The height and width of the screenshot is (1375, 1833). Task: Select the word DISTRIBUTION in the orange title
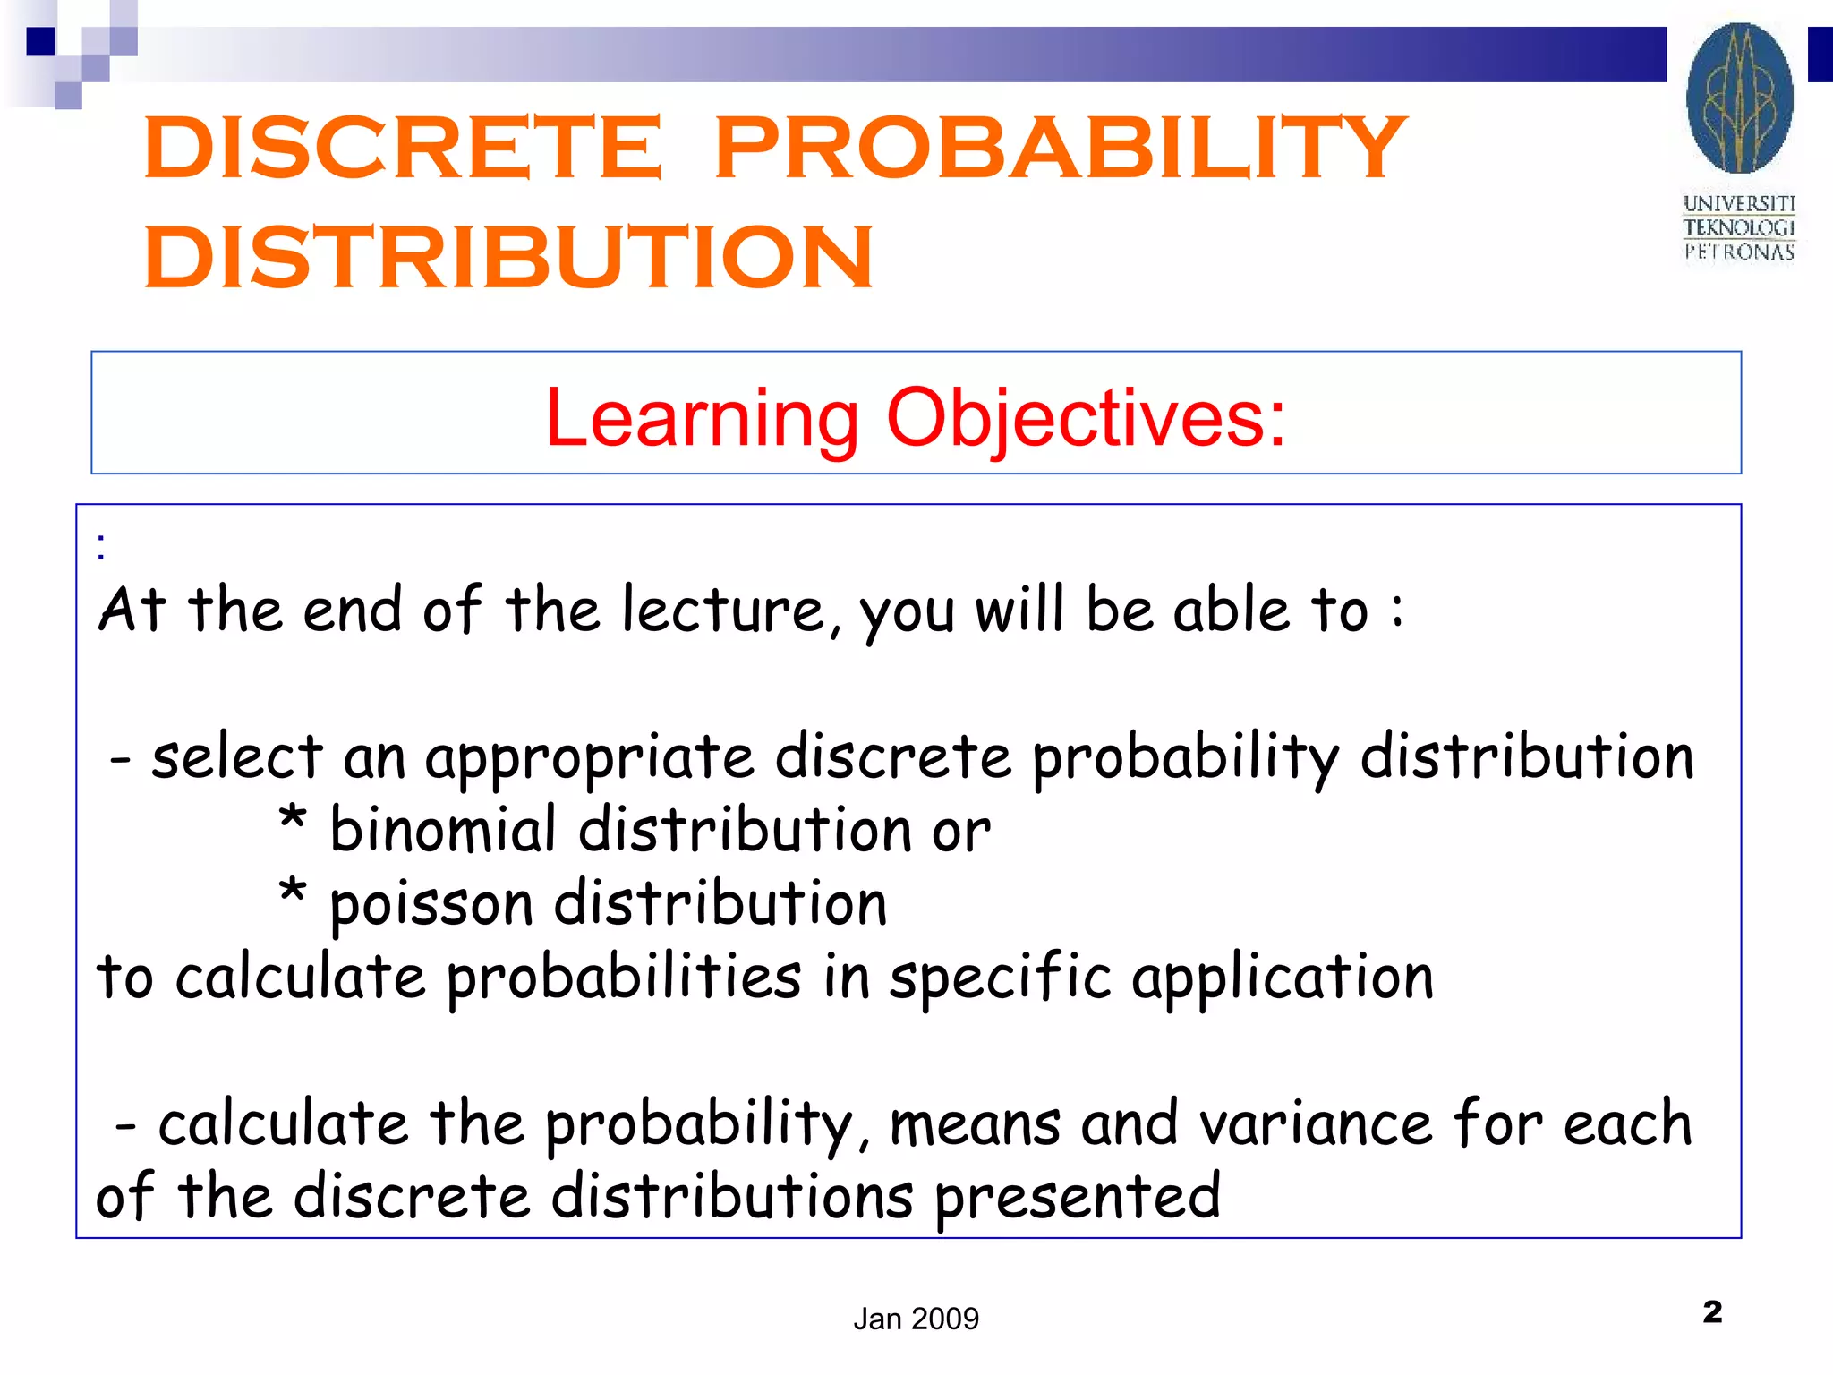point(508,258)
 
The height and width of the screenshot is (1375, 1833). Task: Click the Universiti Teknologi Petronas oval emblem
point(1739,98)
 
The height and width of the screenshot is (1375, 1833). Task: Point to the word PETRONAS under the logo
point(1739,252)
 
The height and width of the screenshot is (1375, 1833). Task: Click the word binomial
point(443,830)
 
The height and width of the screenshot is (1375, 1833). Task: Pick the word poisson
point(431,904)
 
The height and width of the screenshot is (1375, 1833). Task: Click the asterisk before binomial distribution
point(292,819)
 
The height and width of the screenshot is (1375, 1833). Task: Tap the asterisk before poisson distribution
point(292,892)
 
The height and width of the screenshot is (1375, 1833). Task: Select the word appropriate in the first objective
point(589,757)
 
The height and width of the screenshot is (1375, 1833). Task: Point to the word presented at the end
point(1078,1198)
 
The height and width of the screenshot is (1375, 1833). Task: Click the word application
point(1282,978)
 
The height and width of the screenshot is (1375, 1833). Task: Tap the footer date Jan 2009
point(916,1319)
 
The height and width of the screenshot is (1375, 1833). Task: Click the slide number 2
point(1712,1312)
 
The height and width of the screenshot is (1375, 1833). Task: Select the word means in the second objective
point(975,1124)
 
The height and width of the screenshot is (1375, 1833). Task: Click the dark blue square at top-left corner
point(40,41)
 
